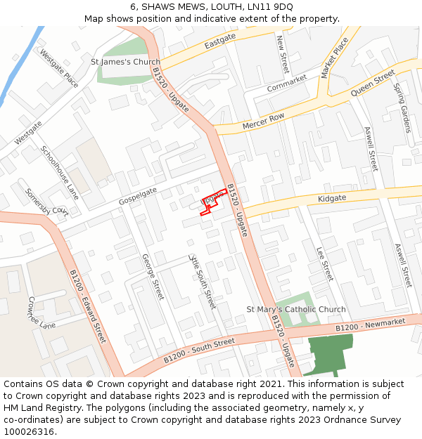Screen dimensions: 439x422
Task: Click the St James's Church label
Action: coord(126,62)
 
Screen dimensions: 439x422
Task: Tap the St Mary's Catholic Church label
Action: coord(296,309)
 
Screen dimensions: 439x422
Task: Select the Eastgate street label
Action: coord(220,42)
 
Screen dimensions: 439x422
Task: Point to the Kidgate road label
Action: coord(332,199)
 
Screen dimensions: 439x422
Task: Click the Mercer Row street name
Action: coord(263,121)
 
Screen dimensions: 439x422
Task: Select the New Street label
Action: coord(282,54)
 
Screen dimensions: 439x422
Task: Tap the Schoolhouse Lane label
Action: coord(60,173)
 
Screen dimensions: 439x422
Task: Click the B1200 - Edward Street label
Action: coord(87,306)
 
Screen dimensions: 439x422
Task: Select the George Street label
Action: coord(153,277)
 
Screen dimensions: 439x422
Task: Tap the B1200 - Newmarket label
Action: coord(371,325)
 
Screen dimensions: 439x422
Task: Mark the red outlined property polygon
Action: coord(213,202)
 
